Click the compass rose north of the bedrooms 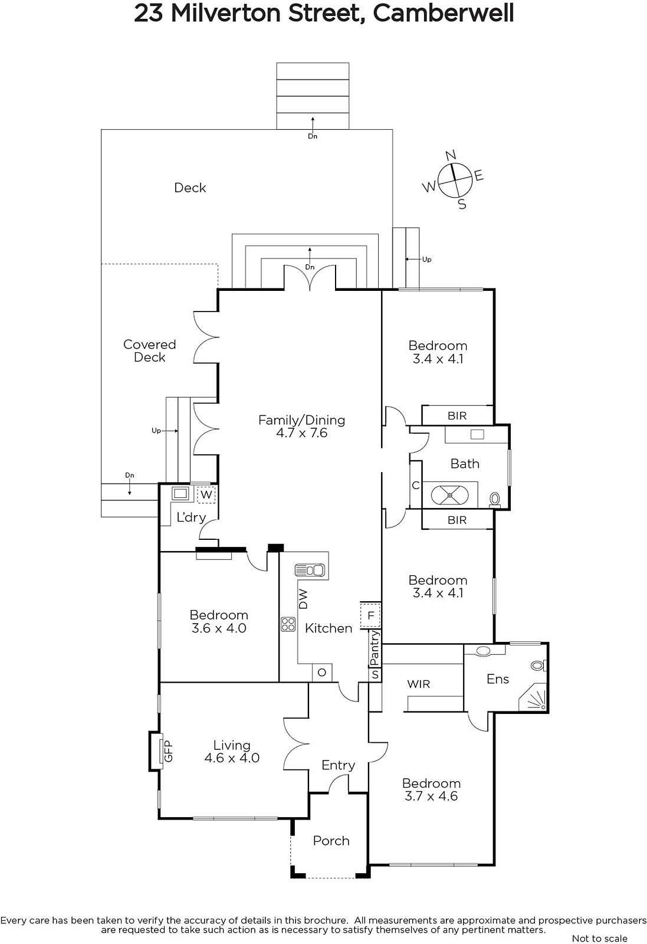pos(454,180)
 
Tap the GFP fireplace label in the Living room pos(168,751)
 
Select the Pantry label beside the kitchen pos(375,649)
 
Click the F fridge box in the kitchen pos(370,616)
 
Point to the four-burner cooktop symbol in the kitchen pos(288,624)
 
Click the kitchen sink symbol pos(310,570)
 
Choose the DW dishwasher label pos(303,599)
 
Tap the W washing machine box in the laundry pos(206,494)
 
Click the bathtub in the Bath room pos(449,495)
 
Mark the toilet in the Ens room pos(538,666)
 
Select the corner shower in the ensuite pos(533,696)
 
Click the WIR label pos(418,684)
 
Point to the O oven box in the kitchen pos(322,673)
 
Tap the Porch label pos(331,841)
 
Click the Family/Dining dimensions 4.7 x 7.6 pos(301,433)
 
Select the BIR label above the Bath pos(457,416)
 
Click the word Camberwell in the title pos(443,13)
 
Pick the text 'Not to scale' pos(599,938)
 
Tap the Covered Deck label pos(150,350)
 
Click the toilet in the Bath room pos(494,500)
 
